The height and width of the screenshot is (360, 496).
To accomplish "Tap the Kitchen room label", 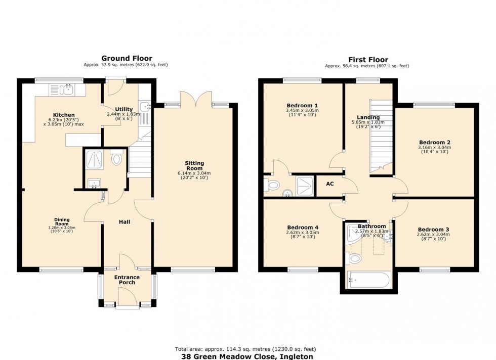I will coord(64,115).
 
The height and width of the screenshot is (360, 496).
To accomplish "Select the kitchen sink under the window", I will coord(63,90).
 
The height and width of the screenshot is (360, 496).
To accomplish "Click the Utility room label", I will coord(123,109).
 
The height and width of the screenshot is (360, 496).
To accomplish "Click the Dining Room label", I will coord(62,221).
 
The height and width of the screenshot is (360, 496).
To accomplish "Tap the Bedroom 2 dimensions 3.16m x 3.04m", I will coord(434,148).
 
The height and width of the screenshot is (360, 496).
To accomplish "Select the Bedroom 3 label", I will coord(434,229).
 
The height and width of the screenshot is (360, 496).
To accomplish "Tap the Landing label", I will coord(368,117).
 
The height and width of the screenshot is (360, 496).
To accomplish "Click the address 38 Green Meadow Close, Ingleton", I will coord(247,356).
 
